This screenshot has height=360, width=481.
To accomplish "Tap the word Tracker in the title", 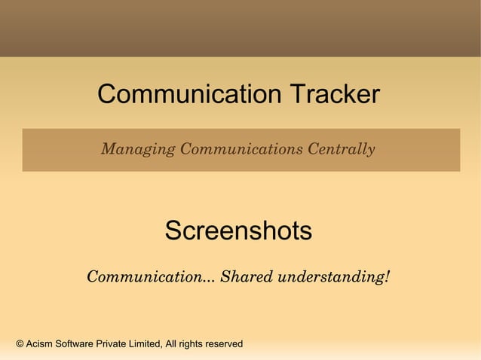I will click(x=333, y=95).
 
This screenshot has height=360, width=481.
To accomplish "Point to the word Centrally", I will click(x=342, y=149).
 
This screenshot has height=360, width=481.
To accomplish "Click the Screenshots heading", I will click(x=238, y=231).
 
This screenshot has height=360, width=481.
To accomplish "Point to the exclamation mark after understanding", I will click(x=387, y=276).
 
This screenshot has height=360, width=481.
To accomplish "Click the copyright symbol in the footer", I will click(x=20, y=344).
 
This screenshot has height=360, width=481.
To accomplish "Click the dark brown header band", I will click(x=240, y=28).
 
